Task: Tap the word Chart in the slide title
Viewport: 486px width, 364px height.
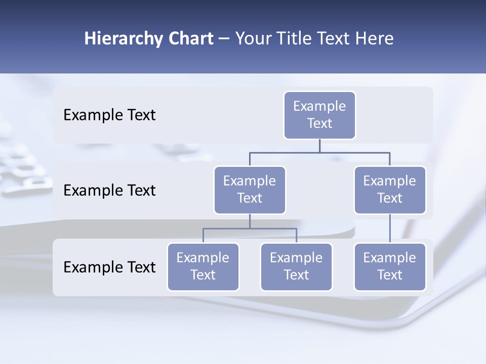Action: [x=190, y=39]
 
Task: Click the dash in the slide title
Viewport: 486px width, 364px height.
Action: [x=224, y=39]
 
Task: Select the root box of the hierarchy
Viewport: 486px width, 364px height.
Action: [x=319, y=115]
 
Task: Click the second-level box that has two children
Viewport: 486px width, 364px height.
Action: [x=250, y=190]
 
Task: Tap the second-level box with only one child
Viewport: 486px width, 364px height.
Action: [x=390, y=190]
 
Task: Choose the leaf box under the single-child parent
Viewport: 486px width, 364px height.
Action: [x=390, y=267]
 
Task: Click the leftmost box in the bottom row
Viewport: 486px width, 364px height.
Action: [x=203, y=267]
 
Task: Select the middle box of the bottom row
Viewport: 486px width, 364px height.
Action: [x=296, y=267]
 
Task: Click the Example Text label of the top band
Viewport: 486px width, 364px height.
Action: [x=109, y=115]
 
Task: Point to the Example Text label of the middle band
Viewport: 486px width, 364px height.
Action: [x=109, y=191]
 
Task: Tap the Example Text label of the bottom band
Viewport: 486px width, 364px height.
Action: [x=109, y=267]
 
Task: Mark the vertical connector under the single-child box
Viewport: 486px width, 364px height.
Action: [x=390, y=229]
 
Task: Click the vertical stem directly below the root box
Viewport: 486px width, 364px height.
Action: [x=319, y=146]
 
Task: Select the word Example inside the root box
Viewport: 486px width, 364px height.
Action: [x=319, y=106]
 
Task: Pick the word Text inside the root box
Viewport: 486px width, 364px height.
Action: [x=319, y=123]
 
